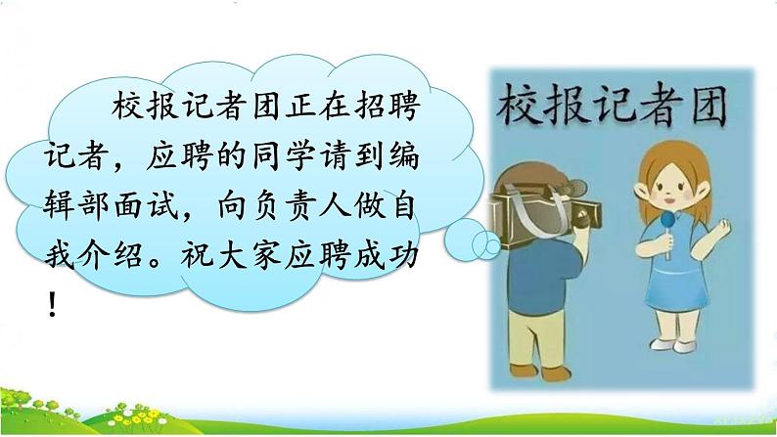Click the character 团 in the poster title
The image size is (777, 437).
707,106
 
